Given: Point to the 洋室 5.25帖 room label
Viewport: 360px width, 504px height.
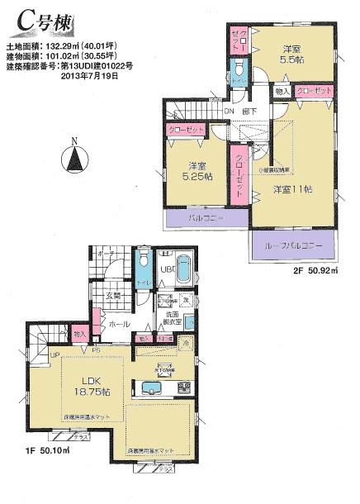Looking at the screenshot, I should tap(196, 170).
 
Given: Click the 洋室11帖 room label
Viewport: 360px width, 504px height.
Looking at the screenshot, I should tap(292, 190).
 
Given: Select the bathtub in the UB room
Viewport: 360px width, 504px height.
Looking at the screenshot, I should tap(183, 271).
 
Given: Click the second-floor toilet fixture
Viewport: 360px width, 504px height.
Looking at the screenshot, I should tap(239, 68).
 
